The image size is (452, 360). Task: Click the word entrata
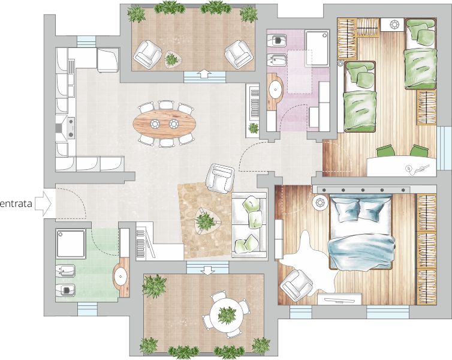(16, 204)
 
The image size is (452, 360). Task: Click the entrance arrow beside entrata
(43, 203)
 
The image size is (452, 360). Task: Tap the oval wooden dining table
(164, 124)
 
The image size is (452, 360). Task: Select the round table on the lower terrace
(225, 315)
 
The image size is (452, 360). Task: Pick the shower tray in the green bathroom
(71, 244)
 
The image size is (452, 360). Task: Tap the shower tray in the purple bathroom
(317, 49)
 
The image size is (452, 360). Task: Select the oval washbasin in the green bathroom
(120, 277)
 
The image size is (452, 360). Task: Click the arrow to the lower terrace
(207, 271)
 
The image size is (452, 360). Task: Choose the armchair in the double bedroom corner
(296, 284)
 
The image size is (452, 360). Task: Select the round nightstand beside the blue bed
(320, 202)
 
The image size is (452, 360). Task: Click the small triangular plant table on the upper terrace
(173, 59)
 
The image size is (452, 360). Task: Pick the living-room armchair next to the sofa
(220, 178)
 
